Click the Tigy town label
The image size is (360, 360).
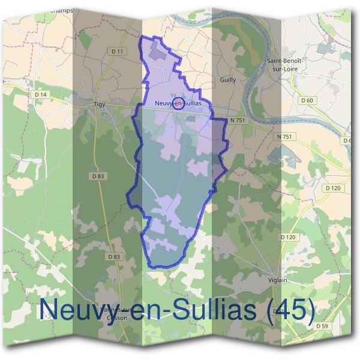99,104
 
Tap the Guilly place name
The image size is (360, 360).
228,80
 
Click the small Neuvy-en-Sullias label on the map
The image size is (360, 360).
177,103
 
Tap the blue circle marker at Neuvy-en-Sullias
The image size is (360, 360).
178,103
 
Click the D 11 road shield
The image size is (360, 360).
117,52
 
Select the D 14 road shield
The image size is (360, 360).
41,94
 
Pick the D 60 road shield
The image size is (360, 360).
307,100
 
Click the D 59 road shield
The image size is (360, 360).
322,326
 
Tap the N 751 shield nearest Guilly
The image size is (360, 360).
238,121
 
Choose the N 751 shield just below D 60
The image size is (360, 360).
284,137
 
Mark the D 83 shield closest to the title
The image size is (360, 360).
114,256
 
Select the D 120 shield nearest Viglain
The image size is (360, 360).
288,237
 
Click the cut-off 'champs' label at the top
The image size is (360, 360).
61,10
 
